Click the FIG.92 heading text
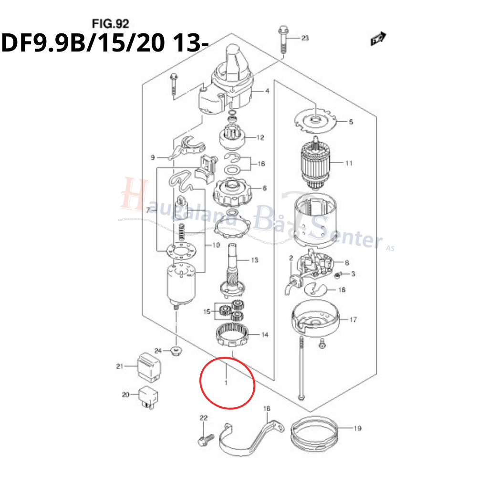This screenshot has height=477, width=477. [111, 24]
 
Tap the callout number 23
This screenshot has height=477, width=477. [305, 38]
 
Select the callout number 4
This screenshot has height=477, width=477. [267, 91]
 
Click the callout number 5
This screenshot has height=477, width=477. [351, 122]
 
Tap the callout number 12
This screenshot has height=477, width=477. [260, 138]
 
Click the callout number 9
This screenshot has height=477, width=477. [153, 157]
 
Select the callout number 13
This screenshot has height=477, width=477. [254, 260]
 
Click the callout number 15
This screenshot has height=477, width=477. [207, 311]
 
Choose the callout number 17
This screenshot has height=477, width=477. [353, 320]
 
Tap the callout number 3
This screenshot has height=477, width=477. [353, 274]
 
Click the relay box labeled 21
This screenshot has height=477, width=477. [149, 367]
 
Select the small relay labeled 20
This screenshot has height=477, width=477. [148, 397]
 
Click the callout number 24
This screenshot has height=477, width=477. [158, 351]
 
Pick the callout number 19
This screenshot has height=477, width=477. [357, 428]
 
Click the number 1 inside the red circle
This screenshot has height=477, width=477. [226, 383]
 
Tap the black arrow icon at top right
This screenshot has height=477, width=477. [378, 39]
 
